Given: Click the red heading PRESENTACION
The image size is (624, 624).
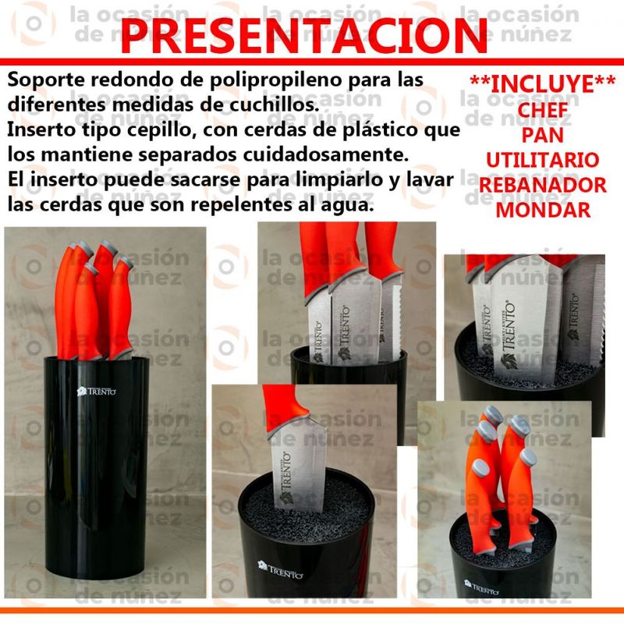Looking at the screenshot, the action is tap(304, 36).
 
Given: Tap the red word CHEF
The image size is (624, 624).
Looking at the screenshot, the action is tap(543, 110).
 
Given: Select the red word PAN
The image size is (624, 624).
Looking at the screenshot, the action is tap(543, 135).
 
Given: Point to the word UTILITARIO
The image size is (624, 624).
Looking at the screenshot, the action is tap(543, 160).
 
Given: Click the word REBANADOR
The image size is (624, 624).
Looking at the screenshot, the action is tap(543, 185).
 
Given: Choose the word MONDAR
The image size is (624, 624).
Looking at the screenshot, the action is tap(543, 210).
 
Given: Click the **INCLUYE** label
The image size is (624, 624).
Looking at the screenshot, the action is tap(543, 84).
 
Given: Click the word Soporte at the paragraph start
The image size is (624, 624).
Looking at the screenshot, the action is tap(46, 81).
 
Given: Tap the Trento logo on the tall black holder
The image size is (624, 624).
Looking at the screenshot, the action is tap(96, 392).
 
